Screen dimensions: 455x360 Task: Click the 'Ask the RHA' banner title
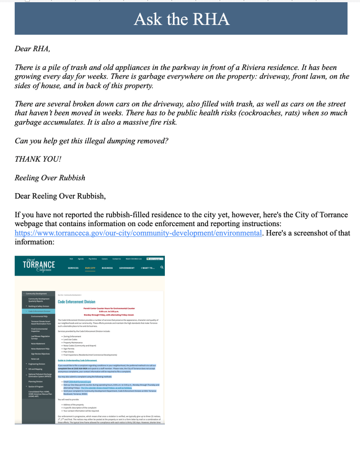click(181, 19)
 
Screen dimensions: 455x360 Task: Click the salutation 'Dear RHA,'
click(32, 49)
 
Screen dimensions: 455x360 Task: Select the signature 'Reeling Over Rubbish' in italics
click(50, 178)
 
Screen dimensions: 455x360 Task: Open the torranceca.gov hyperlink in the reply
click(138, 233)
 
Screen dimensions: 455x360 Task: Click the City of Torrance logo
click(39, 266)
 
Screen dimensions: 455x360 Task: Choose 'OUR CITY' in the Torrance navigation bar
click(90, 268)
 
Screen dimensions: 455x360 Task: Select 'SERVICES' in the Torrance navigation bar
click(73, 268)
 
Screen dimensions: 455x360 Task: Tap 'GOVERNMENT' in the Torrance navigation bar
click(127, 268)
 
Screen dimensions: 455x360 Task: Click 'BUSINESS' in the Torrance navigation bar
click(107, 268)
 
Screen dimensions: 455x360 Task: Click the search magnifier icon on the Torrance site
click(162, 267)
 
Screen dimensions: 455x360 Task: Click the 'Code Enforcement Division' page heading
click(76, 302)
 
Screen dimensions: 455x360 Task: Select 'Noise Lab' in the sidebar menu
click(36, 359)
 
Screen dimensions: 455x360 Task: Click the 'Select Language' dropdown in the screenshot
click(155, 259)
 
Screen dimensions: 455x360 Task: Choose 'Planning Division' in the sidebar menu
click(36, 381)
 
